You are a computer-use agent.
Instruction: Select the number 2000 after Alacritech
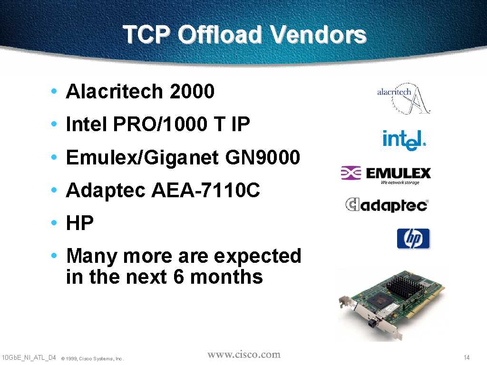point(192,91)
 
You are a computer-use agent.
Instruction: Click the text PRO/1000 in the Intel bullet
point(160,124)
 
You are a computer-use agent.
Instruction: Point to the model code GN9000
point(263,157)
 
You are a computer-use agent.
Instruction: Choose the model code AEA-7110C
point(205,190)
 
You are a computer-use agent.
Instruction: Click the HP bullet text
point(80,222)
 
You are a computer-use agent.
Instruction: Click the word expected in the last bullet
point(258,256)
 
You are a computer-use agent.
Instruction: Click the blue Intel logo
point(404,141)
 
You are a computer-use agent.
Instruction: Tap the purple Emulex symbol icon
point(351,173)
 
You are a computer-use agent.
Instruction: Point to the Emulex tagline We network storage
point(400,182)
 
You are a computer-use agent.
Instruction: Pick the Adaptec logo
point(387,205)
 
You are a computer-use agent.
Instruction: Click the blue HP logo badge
point(413,239)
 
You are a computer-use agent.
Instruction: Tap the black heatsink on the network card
point(402,288)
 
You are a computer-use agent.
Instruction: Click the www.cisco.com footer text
point(244,355)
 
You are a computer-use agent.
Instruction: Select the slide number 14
point(467,357)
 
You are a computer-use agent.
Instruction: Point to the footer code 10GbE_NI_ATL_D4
point(29,358)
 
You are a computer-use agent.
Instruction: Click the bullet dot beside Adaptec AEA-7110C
point(54,190)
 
